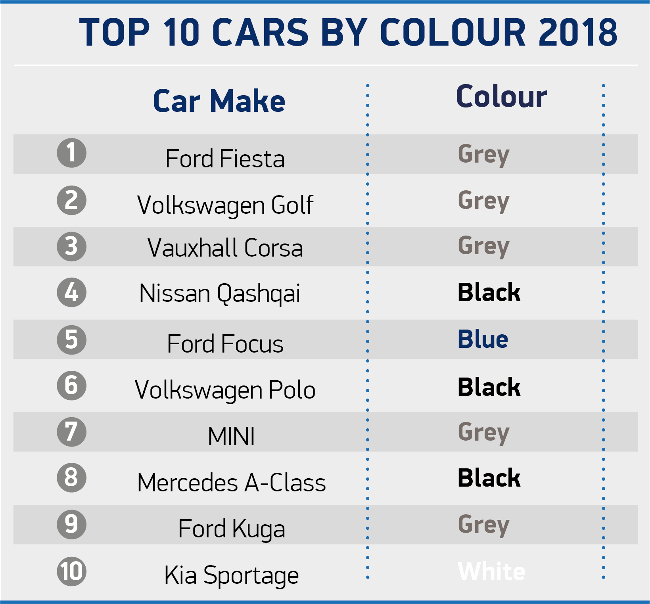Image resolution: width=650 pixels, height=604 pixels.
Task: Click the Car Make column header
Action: click(219, 101)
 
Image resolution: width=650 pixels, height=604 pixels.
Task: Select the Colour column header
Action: click(502, 96)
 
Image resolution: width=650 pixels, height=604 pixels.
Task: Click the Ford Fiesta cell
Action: click(225, 159)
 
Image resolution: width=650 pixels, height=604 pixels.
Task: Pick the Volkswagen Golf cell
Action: click(225, 205)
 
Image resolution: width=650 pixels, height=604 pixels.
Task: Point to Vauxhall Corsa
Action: click(225, 248)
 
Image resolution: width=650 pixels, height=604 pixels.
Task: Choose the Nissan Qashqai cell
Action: click(220, 294)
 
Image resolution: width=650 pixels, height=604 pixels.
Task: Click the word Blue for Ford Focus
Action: click(483, 339)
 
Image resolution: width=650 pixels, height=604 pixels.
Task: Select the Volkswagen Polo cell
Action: click(225, 390)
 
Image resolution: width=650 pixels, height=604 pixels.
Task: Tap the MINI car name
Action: click(231, 436)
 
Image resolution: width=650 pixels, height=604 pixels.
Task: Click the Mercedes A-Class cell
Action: click(231, 483)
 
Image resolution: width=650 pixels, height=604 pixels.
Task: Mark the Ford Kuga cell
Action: click(231, 529)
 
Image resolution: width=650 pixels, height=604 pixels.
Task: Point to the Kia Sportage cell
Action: click(231, 575)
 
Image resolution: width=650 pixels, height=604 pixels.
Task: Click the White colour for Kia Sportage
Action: click(491, 571)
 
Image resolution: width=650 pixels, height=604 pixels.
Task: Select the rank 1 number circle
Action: click(71, 153)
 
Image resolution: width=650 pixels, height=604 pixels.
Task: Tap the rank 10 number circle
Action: click(71, 571)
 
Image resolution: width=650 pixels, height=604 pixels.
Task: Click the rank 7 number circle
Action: click(71, 431)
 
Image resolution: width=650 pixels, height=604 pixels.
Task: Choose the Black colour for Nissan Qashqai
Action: click(489, 293)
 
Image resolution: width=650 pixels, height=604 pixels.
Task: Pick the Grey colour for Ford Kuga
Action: click(483, 525)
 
